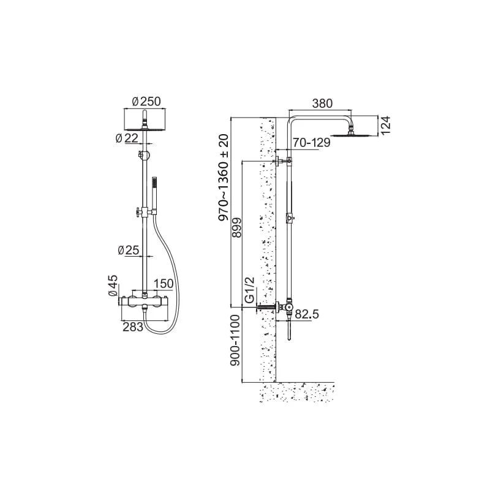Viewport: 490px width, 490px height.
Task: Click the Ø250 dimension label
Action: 146,102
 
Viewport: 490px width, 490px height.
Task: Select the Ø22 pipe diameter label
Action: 127,138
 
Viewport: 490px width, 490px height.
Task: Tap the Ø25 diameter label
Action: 129,250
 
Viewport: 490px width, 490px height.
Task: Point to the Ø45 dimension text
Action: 113,285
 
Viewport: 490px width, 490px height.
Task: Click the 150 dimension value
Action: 164,284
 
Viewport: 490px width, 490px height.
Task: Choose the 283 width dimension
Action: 133,327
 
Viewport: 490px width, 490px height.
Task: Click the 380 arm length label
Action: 323,103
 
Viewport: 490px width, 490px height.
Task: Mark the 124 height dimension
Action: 386,126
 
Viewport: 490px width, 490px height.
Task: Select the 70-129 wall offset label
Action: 311,143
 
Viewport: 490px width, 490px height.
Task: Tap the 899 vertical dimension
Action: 237,227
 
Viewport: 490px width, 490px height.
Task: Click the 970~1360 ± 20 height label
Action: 224,178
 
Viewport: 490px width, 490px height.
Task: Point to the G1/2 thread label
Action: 250,290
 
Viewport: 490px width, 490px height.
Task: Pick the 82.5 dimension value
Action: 307,314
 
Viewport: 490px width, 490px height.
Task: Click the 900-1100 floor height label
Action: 235,340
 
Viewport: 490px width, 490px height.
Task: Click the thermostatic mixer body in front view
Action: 145,301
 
